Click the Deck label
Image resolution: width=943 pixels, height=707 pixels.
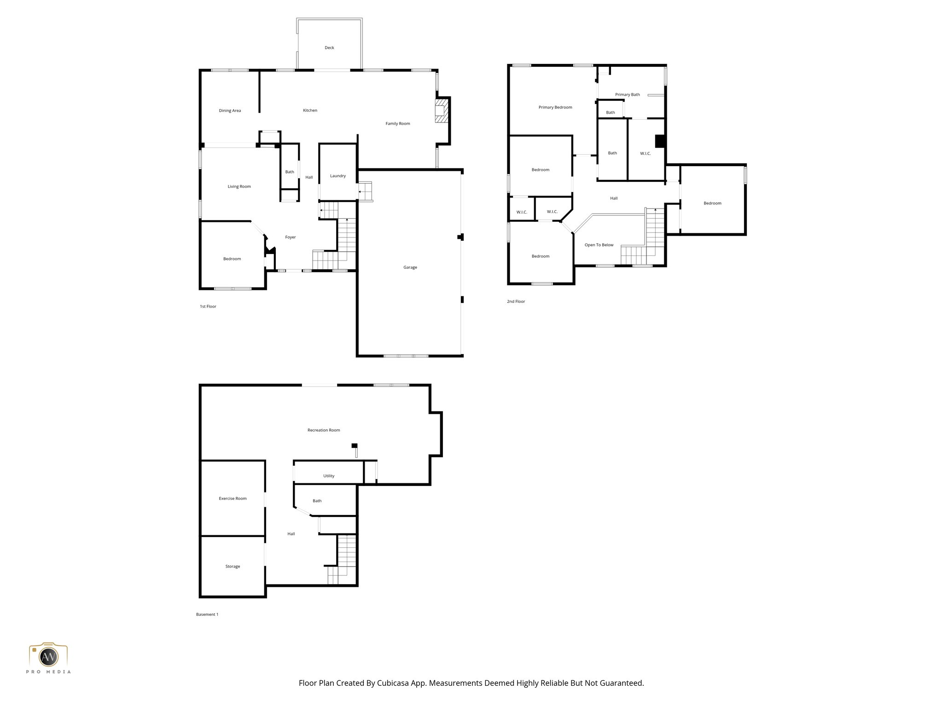point(329,48)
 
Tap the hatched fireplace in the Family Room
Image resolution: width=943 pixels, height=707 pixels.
point(441,110)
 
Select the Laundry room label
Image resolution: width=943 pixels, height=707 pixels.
point(338,176)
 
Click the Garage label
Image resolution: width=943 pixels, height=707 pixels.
point(410,267)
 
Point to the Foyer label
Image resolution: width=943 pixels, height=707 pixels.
point(290,238)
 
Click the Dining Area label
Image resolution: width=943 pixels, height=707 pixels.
point(230,111)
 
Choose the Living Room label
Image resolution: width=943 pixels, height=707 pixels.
point(239,187)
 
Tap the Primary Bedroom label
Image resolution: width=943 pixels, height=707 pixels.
point(555,108)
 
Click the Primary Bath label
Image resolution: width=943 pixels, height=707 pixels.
point(627,95)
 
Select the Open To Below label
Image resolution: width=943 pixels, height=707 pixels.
point(599,245)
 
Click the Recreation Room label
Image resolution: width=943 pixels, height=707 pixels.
point(324,430)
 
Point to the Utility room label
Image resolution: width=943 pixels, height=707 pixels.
point(328,476)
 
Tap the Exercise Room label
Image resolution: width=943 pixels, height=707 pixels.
point(233,498)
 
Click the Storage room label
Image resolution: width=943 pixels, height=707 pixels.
point(233,567)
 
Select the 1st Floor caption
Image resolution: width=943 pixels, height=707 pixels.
point(208,307)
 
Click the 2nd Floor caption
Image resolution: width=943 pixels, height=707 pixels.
point(516,301)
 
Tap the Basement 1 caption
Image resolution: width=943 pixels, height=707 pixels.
point(207,614)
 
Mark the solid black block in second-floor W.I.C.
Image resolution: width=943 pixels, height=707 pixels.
point(660,141)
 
